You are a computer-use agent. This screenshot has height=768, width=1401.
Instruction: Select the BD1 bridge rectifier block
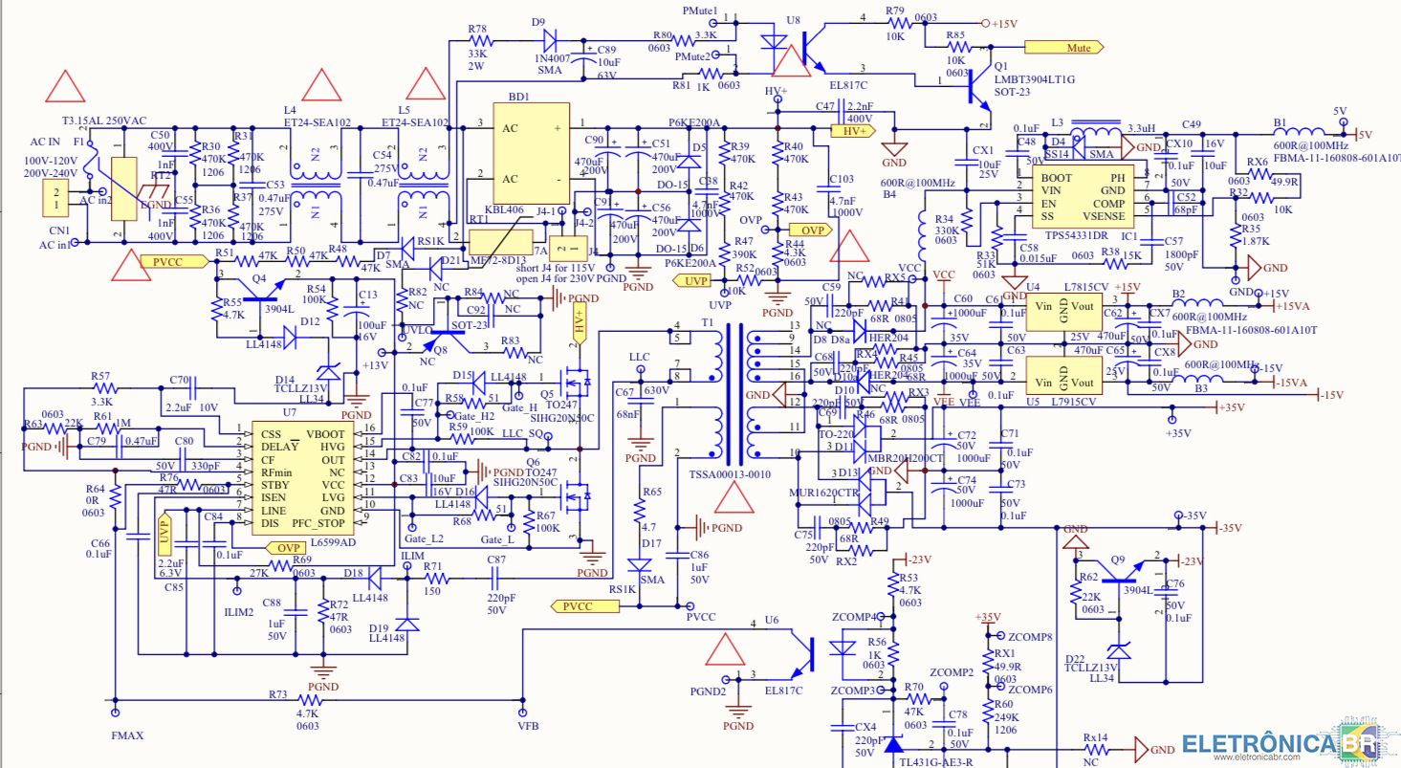531,153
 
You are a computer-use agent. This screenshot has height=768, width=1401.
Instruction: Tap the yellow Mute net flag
1062,47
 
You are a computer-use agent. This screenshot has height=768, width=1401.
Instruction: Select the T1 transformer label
706,322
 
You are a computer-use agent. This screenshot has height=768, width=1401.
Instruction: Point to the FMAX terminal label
126,736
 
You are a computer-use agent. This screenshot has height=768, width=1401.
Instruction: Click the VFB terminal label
528,727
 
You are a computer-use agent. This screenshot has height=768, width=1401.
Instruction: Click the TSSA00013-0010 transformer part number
730,474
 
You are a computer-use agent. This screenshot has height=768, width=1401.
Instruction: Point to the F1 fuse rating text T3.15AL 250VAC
104,121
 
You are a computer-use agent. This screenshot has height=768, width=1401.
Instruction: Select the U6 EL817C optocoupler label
782,690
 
